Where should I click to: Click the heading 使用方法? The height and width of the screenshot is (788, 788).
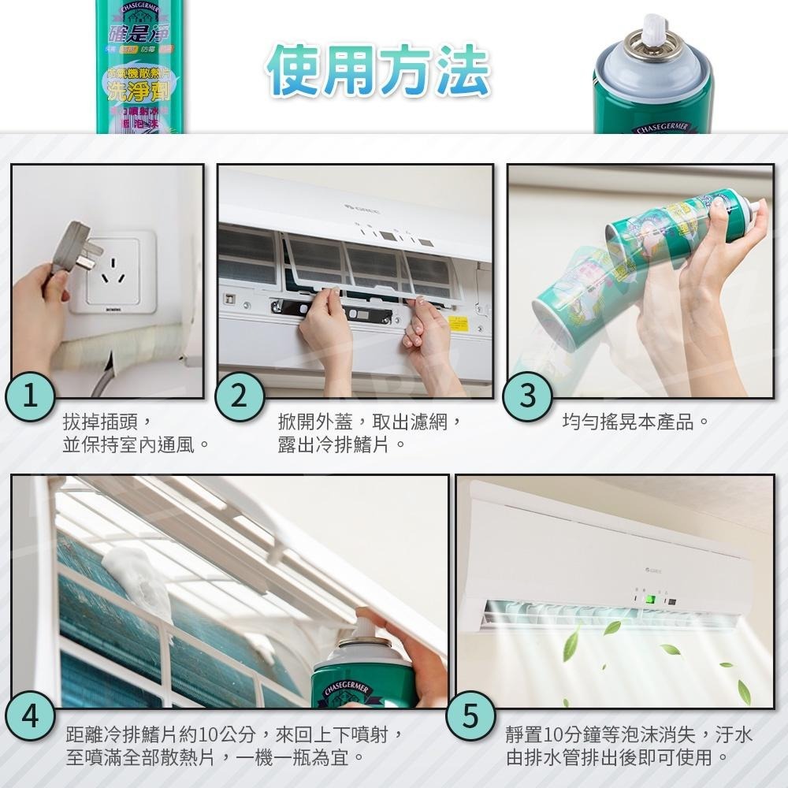(x=377, y=69)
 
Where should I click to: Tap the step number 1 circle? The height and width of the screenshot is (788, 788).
(x=30, y=396)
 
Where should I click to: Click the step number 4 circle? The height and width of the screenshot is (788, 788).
(x=30, y=718)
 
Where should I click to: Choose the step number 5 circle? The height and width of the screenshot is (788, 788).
(x=470, y=718)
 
